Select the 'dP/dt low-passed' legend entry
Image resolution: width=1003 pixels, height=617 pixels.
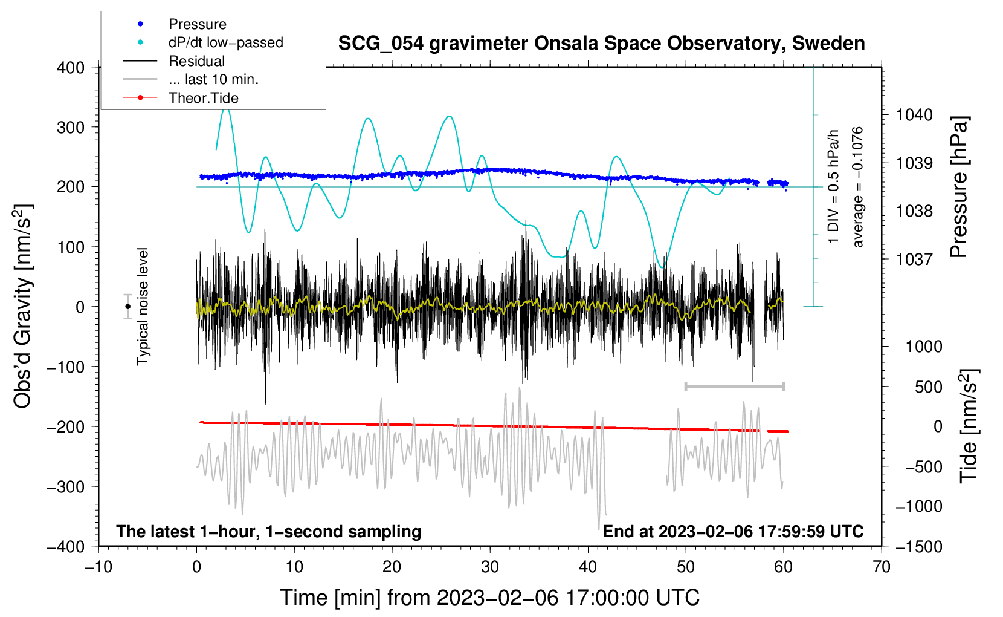(x=225, y=42)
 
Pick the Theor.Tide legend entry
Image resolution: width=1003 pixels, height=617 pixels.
(x=203, y=98)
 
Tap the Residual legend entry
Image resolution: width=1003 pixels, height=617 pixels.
(x=196, y=61)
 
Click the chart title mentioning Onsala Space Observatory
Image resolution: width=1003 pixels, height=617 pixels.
(x=601, y=44)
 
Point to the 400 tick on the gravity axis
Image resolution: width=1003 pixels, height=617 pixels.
(x=71, y=68)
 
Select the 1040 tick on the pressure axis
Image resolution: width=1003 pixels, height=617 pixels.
(x=914, y=115)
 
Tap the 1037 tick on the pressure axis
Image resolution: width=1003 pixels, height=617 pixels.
(x=914, y=259)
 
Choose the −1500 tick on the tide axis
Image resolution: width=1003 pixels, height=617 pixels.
(x=919, y=546)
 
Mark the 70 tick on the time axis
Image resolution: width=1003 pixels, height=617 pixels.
(x=882, y=567)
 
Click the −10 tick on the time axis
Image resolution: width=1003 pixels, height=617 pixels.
(x=98, y=567)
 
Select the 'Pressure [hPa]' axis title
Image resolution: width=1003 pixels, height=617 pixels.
(x=959, y=187)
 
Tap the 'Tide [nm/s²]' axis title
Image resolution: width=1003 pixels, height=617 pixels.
(x=969, y=426)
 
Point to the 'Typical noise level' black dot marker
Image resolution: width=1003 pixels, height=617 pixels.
(x=128, y=307)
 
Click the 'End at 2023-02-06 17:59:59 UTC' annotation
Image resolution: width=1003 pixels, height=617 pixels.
(x=733, y=531)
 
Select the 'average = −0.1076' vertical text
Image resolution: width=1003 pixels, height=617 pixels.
(x=858, y=187)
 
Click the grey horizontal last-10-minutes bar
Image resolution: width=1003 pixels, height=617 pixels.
(x=734, y=386)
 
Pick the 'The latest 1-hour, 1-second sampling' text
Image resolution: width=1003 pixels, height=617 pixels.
(x=269, y=531)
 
